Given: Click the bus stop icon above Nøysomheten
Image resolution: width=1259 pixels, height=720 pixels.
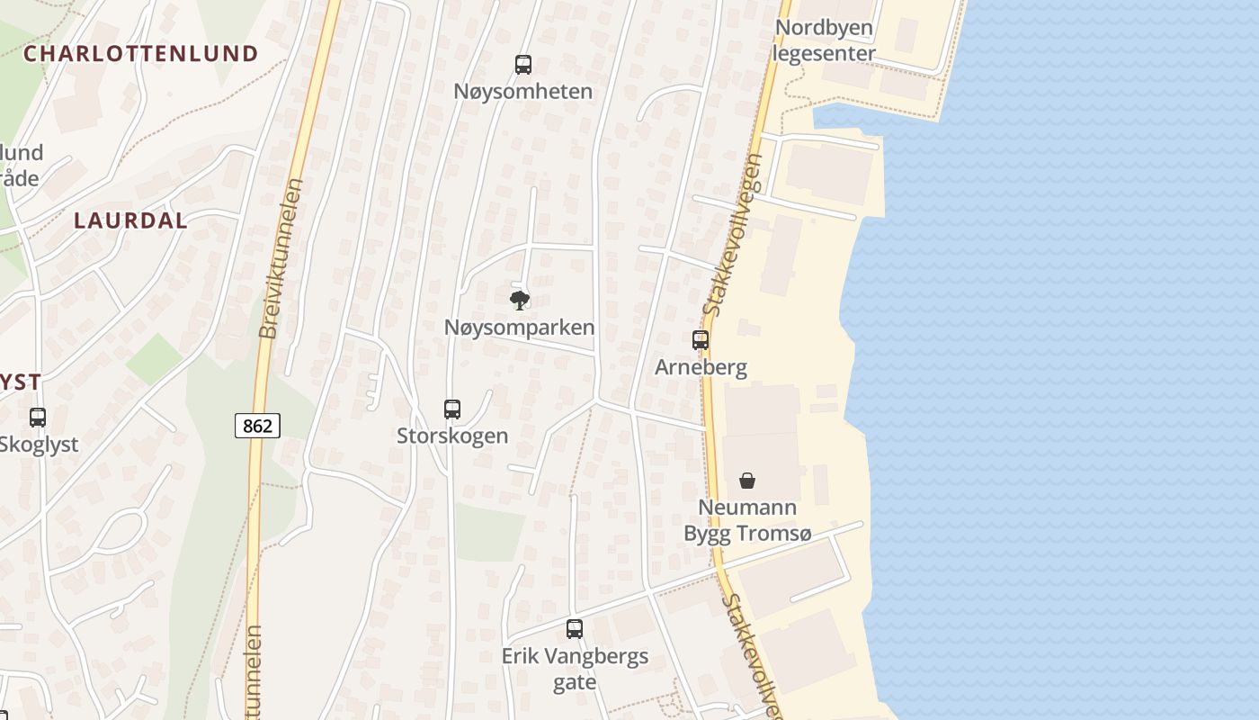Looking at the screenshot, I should (x=523, y=65).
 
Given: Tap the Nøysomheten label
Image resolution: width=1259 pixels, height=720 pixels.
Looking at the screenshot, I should (x=522, y=92).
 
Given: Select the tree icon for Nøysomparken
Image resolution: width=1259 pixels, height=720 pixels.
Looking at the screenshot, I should (x=519, y=301).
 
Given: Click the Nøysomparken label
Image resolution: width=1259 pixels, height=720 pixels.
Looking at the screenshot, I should (x=519, y=328).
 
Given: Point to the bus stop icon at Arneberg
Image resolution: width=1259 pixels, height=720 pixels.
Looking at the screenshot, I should (x=701, y=340).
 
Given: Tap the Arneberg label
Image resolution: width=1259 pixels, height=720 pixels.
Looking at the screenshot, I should (x=701, y=367).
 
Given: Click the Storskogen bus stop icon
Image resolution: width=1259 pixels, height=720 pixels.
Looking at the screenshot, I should (x=452, y=409).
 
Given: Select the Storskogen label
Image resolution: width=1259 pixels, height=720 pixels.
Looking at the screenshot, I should (x=452, y=436).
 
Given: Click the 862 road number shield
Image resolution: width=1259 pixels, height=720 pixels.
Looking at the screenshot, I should (x=257, y=426).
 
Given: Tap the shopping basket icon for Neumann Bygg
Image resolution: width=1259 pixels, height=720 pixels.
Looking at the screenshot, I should (x=747, y=481).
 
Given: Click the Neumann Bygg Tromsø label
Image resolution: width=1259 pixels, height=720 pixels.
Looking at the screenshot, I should (x=747, y=520).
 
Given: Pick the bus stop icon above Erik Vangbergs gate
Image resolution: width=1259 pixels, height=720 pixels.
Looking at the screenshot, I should (x=575, y=629).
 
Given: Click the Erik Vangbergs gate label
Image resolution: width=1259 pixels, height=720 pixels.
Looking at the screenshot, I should (x=575, y=669).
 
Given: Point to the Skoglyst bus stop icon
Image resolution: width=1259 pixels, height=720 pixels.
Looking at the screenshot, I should (x=38, y=418).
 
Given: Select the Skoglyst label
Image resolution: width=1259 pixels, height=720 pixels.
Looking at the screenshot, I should (x=39, y=445).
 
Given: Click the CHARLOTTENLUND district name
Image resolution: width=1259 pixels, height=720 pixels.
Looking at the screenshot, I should (x=140, y=54).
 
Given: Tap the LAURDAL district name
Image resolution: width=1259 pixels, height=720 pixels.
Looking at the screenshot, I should (x=130, y=220).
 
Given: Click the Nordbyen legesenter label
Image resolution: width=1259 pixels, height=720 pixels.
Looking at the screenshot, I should (x=824, y=40).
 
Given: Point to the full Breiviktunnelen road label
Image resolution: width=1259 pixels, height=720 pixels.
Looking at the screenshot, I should (x=281, y=258).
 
